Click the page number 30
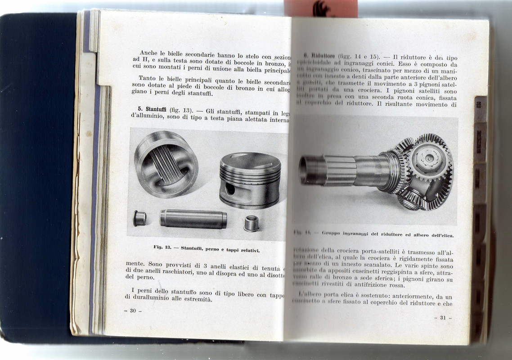point(133,310)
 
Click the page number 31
point(443,318)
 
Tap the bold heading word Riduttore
point(319,57)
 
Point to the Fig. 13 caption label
point(162,247)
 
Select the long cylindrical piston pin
point(193,219)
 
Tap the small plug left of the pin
point(139,218)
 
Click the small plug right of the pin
point(252,223)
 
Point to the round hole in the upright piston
point(229,188)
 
